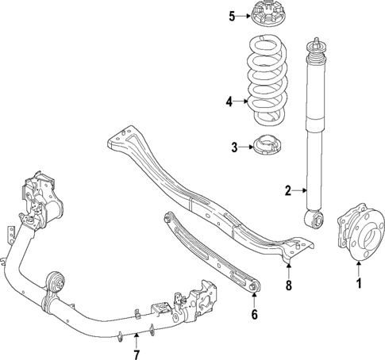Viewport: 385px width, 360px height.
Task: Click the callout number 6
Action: click(x=254, y=314)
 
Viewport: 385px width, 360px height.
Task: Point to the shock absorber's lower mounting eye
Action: click(x=316, y=216)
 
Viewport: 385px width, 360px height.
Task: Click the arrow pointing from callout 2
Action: click(x=300, y=190)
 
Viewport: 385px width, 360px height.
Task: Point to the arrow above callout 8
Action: click(x=289, y=265)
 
